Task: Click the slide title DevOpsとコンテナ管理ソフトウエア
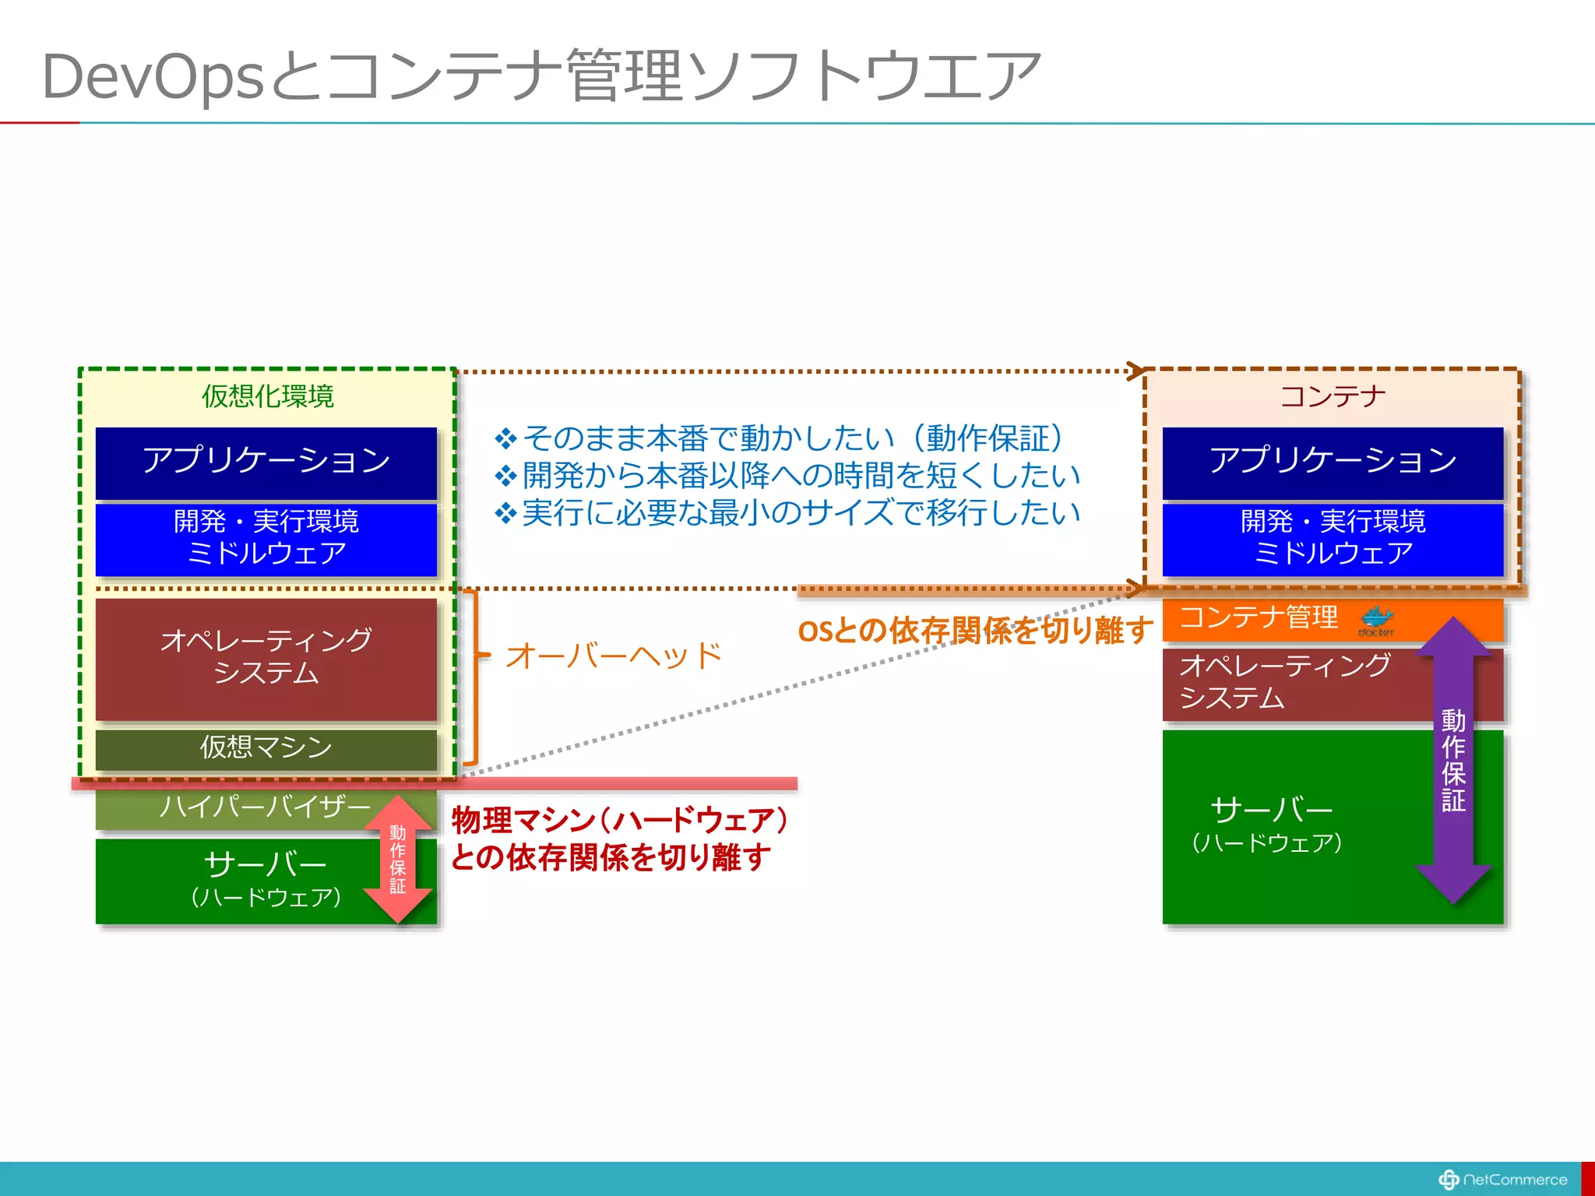coord(540,76)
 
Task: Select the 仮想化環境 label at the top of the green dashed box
coord(267,396)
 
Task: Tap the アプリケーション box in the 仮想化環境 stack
coord(266,461)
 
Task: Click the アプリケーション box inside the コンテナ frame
coord(1332,461)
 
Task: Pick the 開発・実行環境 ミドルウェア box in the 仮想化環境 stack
coord(266,538)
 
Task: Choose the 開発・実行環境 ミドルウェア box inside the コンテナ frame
coord(1332,538)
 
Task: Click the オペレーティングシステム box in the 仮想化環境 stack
coord(266,657)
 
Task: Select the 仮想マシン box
coord(266,747)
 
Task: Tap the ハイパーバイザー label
coord(265,807)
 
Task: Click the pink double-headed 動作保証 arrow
coord(398,859)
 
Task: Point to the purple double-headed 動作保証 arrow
coord(1453,760)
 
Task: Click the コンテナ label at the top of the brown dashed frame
coord(1333,396)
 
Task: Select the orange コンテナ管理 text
coord(1259,617)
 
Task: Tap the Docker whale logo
coord(1376,621)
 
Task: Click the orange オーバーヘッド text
coord(614,656)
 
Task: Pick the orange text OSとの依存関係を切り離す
coord(975,630)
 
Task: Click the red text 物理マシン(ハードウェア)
coord(620,820)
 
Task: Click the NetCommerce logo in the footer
coord(1503,1180)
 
